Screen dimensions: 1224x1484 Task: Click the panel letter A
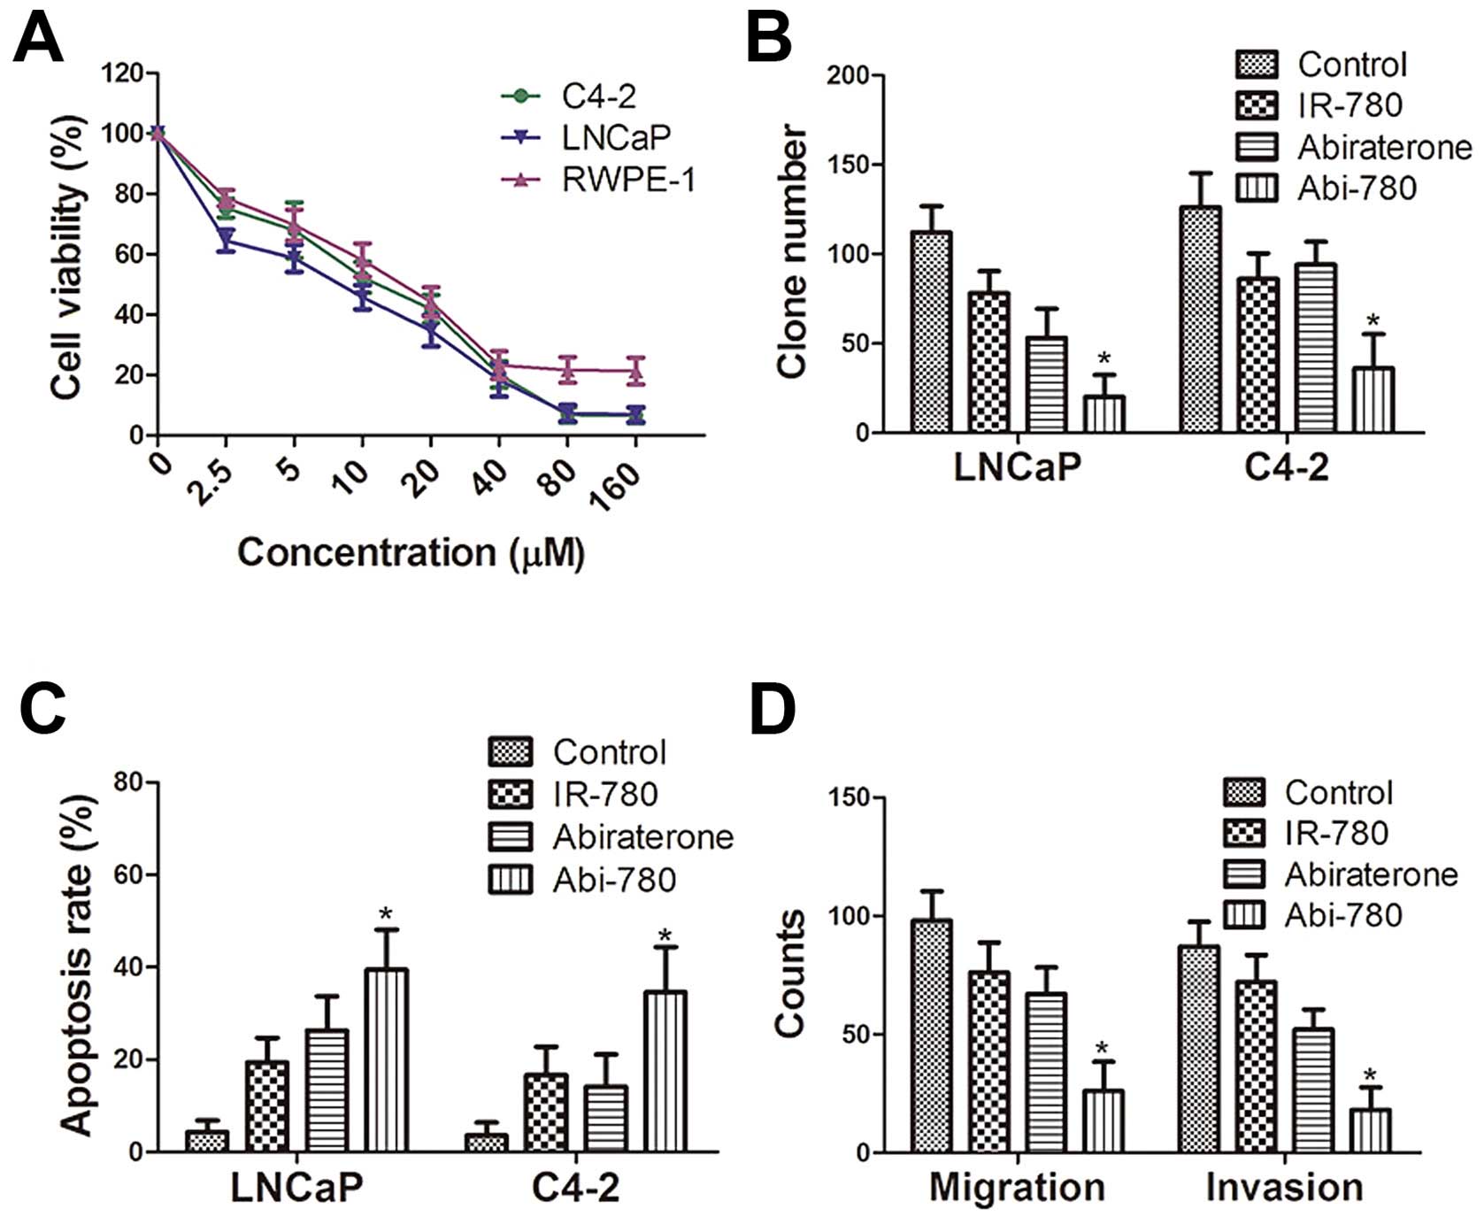coord(38,40)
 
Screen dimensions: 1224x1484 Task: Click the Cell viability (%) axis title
coord(67,257)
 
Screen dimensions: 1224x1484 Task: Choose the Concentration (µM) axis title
coord(411,553)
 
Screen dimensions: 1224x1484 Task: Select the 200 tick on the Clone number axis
coord(847,76)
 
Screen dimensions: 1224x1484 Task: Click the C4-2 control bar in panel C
coord(486,1143)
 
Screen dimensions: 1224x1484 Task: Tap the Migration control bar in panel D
coord(931,1036)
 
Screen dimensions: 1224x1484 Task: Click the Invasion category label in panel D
coord(1284,1187)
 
